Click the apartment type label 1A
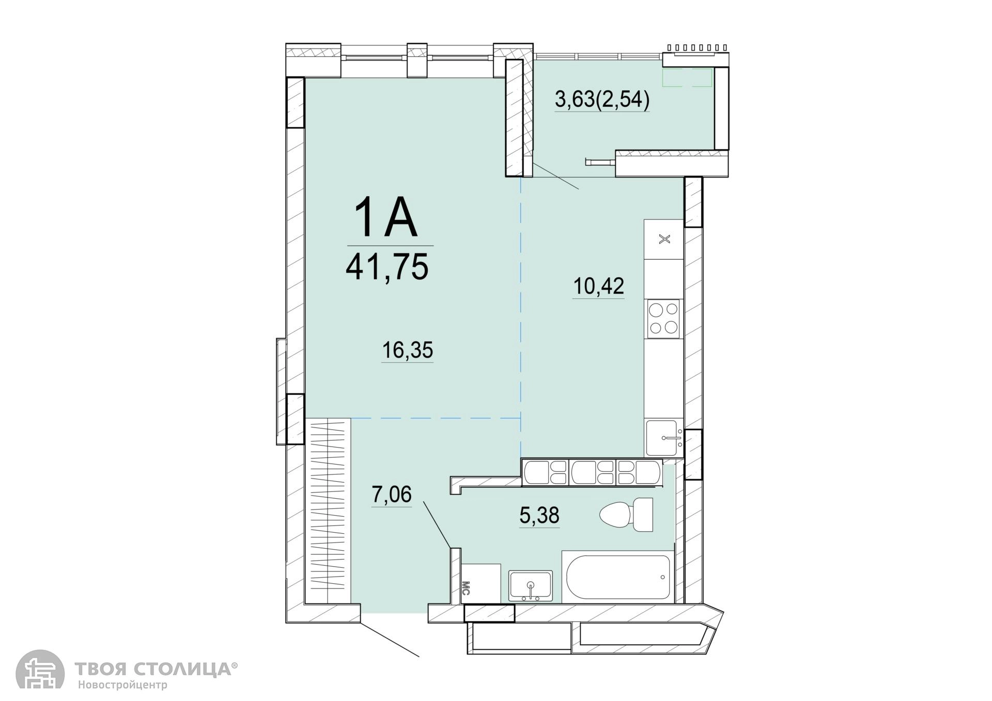[386, 219]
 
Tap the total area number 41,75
[387, 267]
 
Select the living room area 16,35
[407, 351]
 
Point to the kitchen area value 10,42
[599, 285]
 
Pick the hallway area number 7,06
[392, 495]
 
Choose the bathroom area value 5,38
[539, 515]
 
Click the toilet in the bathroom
[626, 515]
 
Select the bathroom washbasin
[531, 586]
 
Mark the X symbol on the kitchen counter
[665, 239]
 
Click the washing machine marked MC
[481, 583]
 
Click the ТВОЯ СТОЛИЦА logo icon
[40, 670]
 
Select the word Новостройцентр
[123, 686]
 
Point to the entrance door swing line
[390, 639]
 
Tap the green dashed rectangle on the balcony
[687, 78]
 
